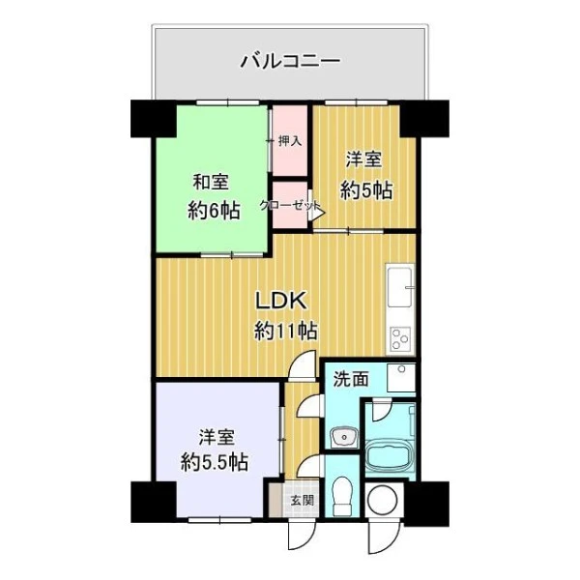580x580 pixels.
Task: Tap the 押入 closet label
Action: (290, 141)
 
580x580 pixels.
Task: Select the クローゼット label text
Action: (290, 205)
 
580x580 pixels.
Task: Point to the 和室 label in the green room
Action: (211, 182)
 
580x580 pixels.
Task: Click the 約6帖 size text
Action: (214, 211)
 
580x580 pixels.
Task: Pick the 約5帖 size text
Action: (366, 191)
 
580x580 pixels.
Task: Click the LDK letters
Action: (282, 301)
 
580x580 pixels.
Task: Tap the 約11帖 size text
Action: (285, 331)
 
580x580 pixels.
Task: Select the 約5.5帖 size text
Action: (215, 462)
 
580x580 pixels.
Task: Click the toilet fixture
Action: (342, 497)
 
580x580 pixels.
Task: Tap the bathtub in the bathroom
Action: (389, 457)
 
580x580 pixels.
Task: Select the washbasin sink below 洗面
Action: (344, 438)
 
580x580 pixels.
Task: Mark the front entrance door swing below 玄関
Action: (302, 536)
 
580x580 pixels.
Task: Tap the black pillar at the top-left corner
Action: (154, 118)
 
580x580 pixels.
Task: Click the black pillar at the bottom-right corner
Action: (427, 504)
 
